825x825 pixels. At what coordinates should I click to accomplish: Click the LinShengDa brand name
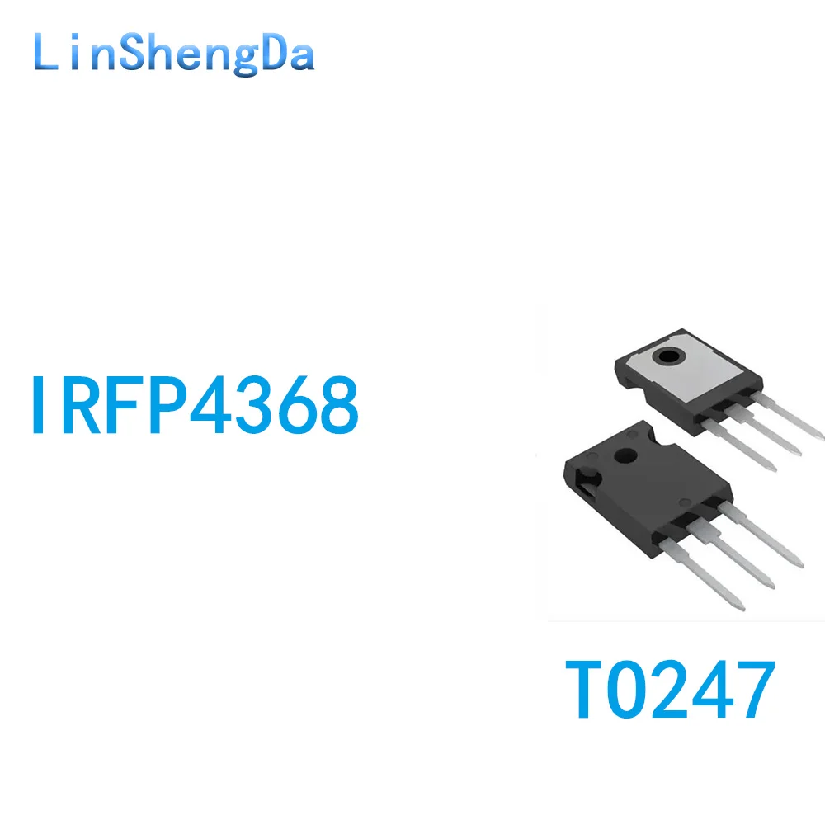point(174,55)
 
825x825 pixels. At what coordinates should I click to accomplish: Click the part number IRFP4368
point(195,406)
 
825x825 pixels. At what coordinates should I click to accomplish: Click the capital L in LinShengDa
point(46,55)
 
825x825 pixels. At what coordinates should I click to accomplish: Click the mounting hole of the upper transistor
point(667,358)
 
